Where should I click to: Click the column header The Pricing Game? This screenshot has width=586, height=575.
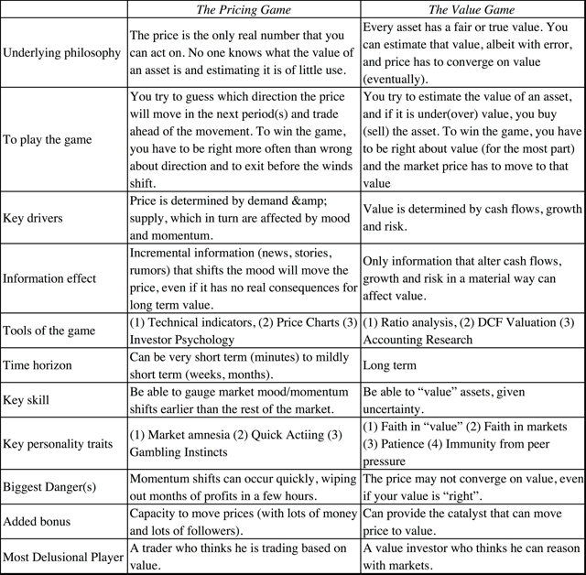(x=244, y=10)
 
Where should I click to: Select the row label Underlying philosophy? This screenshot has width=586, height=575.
(x=62, y=53)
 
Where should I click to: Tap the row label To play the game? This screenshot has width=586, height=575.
(x=48, y=140)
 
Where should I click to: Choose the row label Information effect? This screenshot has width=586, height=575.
(x=49, y=278)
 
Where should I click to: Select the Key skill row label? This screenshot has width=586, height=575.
(x=27, y=400)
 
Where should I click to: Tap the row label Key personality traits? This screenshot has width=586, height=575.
(x=59, y=443)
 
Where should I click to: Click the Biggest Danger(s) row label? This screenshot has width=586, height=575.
(x=49, y=486)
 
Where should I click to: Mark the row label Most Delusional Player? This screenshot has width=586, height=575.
(x=63, y=557)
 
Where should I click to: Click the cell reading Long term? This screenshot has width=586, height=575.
(x=389, y=365)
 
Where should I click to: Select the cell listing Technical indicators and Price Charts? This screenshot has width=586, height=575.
(x=243, y=331)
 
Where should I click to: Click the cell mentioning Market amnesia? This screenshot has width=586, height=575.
(x=243, y=443)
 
